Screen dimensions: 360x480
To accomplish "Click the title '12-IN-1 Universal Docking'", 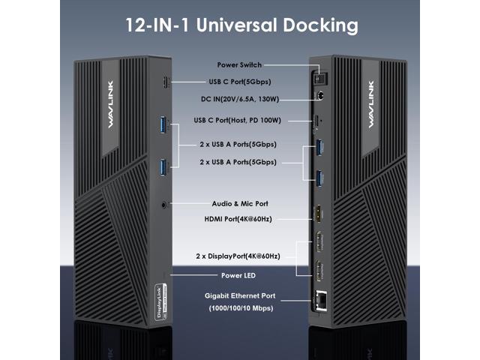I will point(240,25).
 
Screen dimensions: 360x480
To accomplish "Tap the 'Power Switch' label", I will point(240,65).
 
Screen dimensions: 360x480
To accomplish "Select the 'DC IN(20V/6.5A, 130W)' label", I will point(240,98).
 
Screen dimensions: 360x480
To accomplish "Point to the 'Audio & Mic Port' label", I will point(240,203).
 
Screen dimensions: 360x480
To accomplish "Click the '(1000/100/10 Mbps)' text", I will point(240,308).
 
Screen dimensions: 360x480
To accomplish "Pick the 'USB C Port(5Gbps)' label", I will point(240,81).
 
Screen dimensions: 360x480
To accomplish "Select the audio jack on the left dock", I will point(163,202).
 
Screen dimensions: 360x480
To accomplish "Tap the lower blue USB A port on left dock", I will point(162,166).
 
